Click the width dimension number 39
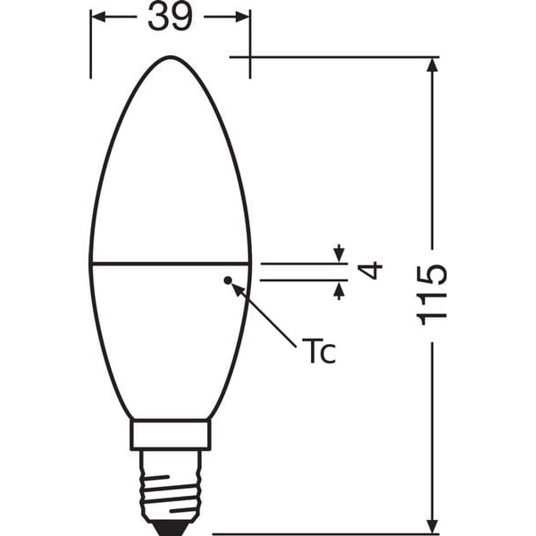click(x=170, y=17)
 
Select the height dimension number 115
click(x=431, y=294)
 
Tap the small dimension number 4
click(x=373, y=269)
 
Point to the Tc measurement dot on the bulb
click(x=228, y=281)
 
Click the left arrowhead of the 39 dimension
click(x=98, y=17)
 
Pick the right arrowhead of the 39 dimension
click(x=242, y=17)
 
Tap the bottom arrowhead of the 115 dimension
click(x=433, y=524)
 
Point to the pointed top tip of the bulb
click(x=170, y=58)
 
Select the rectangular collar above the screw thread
click(x=170, y=435)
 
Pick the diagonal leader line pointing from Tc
click(x=264, y=313)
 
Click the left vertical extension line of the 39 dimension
click(x=90, y=45)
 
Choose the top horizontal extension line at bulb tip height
click(x=331, y=57)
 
